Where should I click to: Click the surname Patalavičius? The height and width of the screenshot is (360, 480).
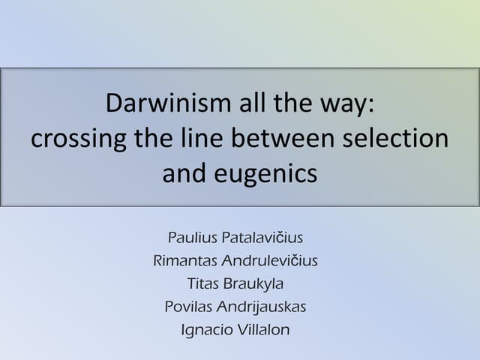263,238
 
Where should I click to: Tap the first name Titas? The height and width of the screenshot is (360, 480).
202,283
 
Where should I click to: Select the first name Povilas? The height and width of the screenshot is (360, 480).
190,307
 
